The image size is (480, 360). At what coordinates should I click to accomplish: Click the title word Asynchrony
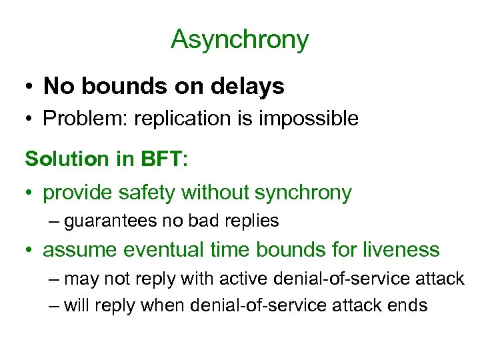[x=240, y=40]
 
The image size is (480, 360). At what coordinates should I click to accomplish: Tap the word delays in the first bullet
[x=253, y=86]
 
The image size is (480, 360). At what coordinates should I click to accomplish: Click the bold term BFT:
[x=166, y=159]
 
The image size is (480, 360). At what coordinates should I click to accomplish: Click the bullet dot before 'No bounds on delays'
[x=30, y=87]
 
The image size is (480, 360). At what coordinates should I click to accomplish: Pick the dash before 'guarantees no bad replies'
[x=54, y=221]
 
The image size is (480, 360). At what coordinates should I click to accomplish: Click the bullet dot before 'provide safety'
[x=30, y=194]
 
